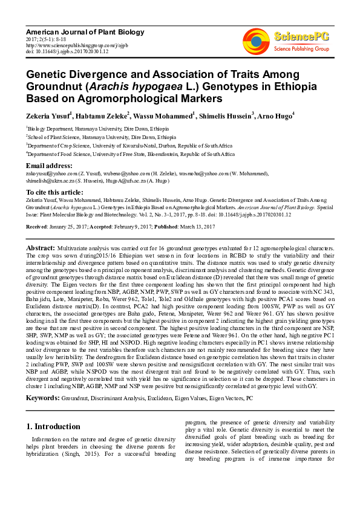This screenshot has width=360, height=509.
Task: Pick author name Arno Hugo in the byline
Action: pos(275,115)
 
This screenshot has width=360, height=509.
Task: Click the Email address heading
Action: pos(49,166)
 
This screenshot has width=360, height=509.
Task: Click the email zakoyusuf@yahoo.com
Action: pos(48,173)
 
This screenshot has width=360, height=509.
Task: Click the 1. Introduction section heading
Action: pos(53,426)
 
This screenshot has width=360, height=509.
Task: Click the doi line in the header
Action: pos(67,52)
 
